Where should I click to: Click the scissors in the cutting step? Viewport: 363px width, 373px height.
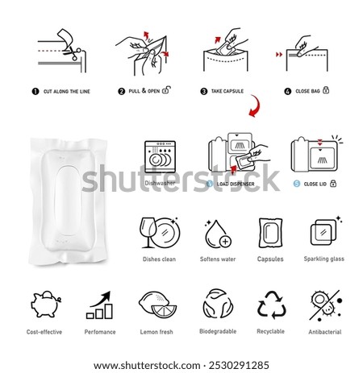(x=72, y=52)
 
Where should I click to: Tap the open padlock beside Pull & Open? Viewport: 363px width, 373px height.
(x=166, y=89)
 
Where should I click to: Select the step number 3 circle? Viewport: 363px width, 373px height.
(x=204, y=91)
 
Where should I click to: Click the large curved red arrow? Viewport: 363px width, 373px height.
(x=254, y=106)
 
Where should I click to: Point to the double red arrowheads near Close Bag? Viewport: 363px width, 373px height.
(x=279, y=55)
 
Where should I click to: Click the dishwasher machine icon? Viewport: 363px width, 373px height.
(x=160, y=156)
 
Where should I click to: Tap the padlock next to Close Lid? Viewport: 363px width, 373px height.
(x=333, y=184)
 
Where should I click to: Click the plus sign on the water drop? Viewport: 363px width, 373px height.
(x=225, y=242)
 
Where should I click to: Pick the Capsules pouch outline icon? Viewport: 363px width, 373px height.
(x=270, y=233)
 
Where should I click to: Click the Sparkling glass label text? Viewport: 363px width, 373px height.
(x=323, y=259)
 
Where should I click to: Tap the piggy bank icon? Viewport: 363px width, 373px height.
(x=45, y=304)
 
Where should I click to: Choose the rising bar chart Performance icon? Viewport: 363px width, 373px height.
(x=99, y=305)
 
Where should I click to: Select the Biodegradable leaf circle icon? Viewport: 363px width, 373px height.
(x=218, y=304)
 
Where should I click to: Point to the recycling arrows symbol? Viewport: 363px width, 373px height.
(x=272, y=305)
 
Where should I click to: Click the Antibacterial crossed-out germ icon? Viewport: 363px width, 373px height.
(x=325, y=305)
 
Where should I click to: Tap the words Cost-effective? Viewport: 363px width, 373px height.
(x=44, y=332)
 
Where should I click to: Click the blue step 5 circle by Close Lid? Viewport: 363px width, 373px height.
(x=297, y=184)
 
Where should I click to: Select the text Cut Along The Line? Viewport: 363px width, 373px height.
(x=67, y=92)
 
